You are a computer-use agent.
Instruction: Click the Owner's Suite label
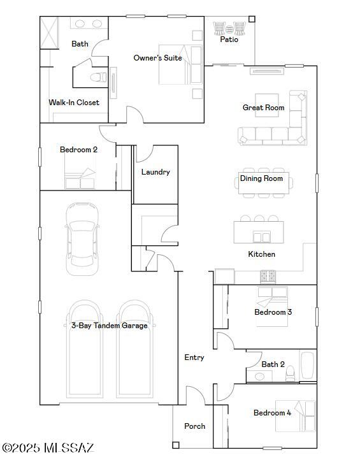coord(157,58)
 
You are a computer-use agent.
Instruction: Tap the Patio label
coord(229,40)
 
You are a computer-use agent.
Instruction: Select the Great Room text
coord(263,108)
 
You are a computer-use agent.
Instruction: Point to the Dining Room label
coord(261,178)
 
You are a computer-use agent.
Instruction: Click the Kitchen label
coord(261,254)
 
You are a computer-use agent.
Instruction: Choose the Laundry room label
coord(155,172)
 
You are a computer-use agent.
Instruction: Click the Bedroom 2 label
coord(78,150)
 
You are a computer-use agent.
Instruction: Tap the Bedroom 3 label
coord(273,312)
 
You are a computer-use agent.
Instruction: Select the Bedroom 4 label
coord(272,413)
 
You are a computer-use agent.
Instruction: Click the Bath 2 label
coord(273,364)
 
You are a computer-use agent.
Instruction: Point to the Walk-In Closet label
coord(74,103)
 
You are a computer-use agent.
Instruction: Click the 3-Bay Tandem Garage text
coord(109,326)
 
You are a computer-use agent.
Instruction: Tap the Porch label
coord(194,426)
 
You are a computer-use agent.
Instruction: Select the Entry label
coord(194,357)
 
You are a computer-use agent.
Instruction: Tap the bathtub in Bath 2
coord(307,366)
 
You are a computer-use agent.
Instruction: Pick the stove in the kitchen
coord(268,277)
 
